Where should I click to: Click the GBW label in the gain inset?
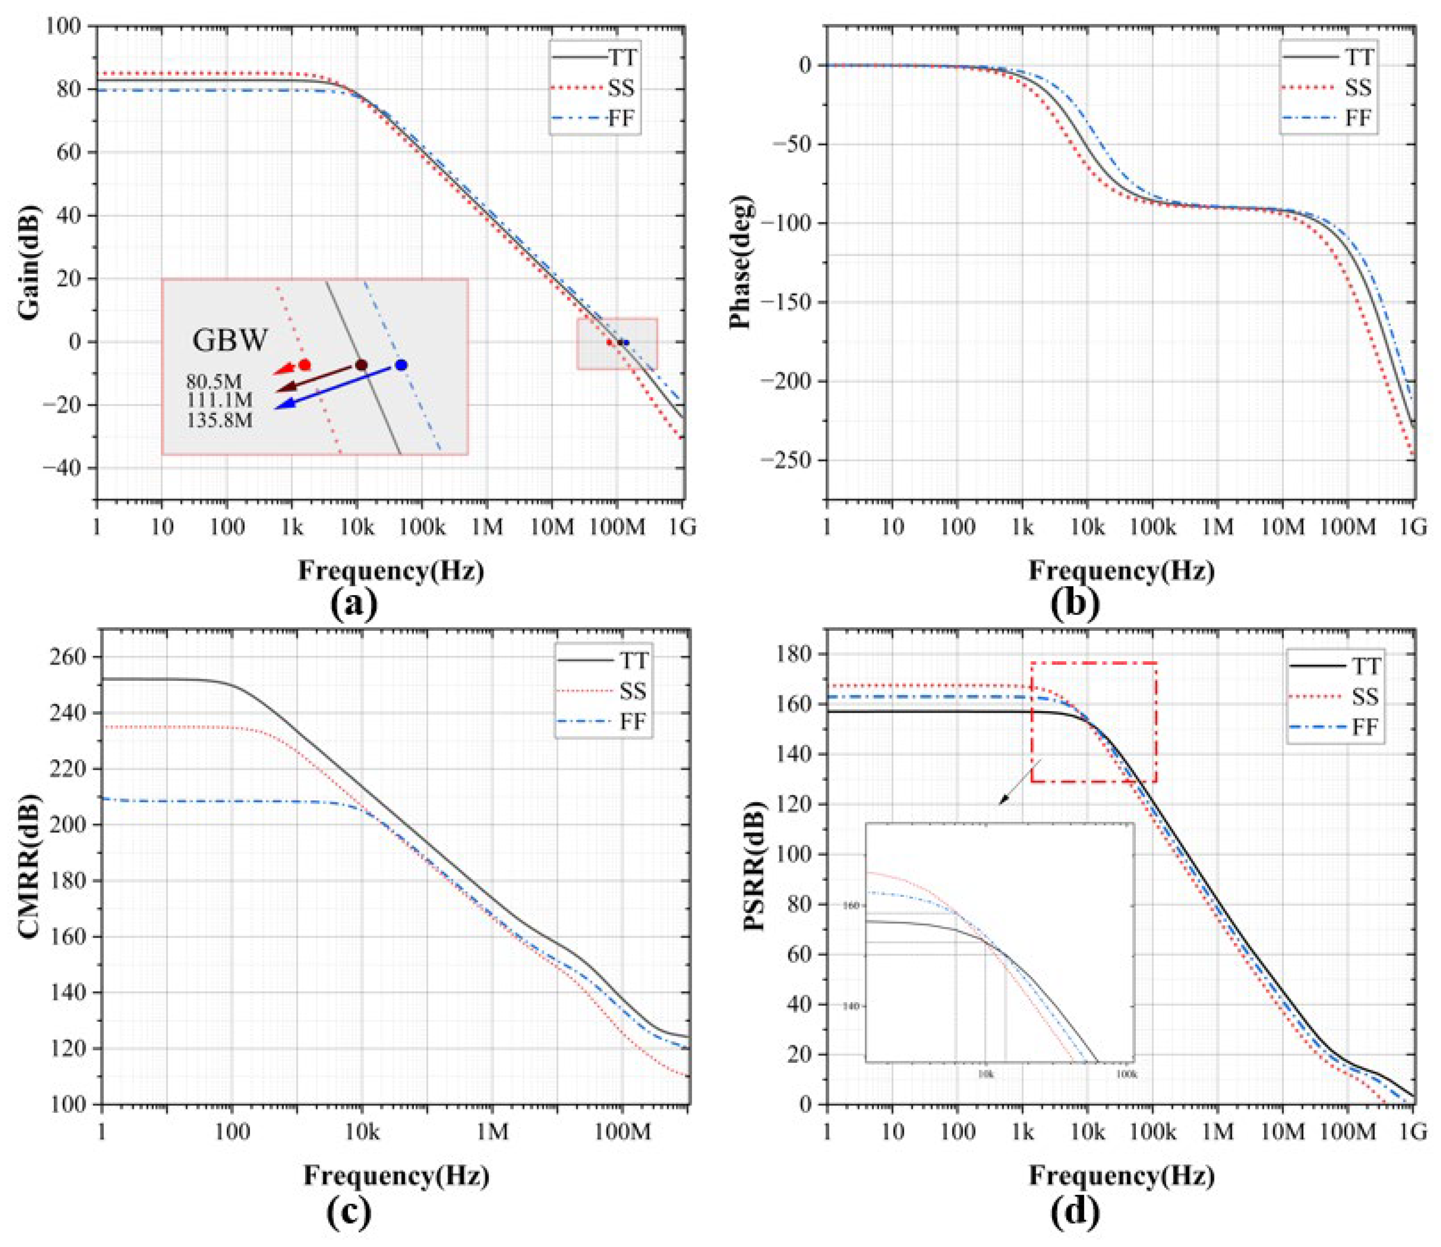(x=230, y=340)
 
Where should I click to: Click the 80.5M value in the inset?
(x=214, y=382)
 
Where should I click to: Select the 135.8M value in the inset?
(x=219, y=420)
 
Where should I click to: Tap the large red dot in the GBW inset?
(x=304, y=364)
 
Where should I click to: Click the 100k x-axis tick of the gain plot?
(x=421, y=528)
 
